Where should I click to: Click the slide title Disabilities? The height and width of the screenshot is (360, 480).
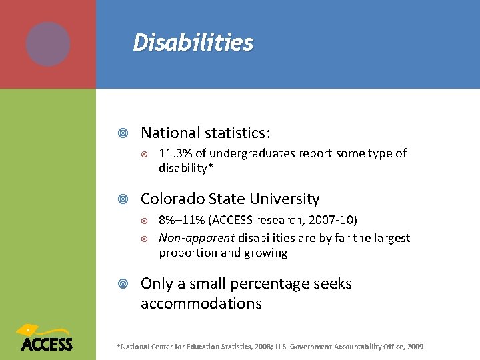[193, 43]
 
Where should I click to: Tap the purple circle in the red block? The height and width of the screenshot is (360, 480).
[48, 44]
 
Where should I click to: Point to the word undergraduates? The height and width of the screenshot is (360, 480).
[253, 153]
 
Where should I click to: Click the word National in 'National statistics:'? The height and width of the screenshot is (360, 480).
[169, 133]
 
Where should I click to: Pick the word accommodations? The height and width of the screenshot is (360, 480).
[201, 304]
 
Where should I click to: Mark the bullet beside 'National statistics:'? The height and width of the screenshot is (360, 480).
[123, 133]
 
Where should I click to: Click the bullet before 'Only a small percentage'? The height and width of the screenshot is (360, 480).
[123, 284]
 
